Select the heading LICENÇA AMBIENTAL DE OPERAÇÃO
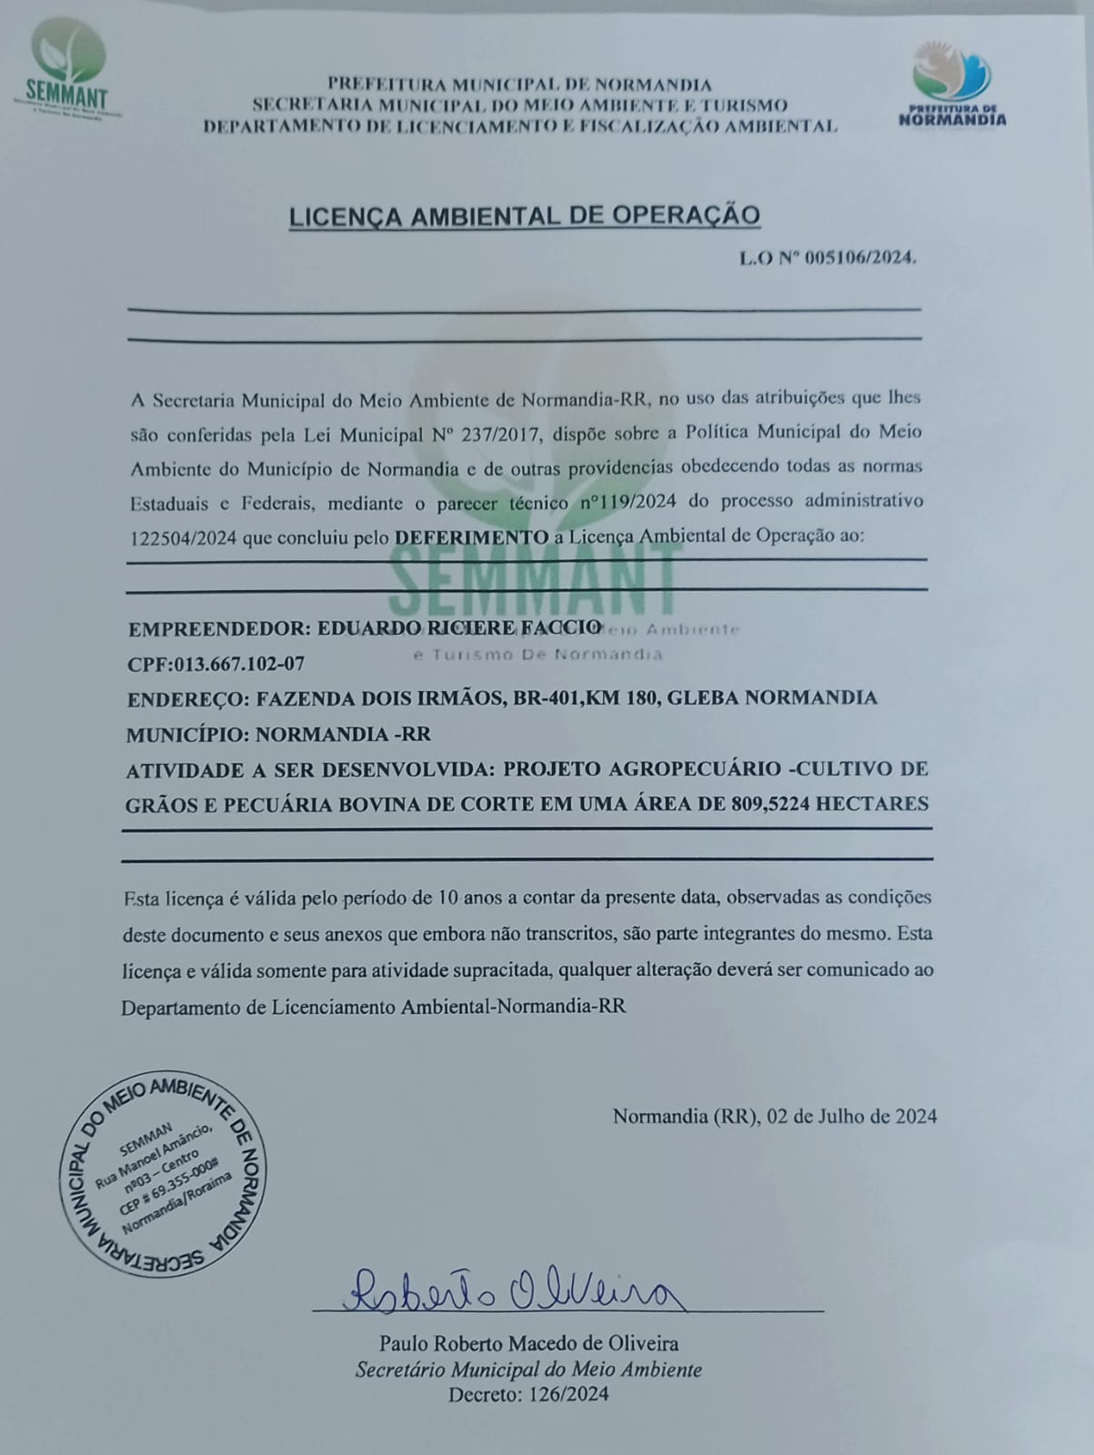[x=524, y=216]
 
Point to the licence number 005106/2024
[x=858, y=257]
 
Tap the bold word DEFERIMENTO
[x=471, y=537]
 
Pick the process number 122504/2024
[x=184, y=537]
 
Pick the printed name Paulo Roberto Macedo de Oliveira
[x=528, y=1343]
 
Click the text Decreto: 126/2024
[x=528, y=1394]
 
